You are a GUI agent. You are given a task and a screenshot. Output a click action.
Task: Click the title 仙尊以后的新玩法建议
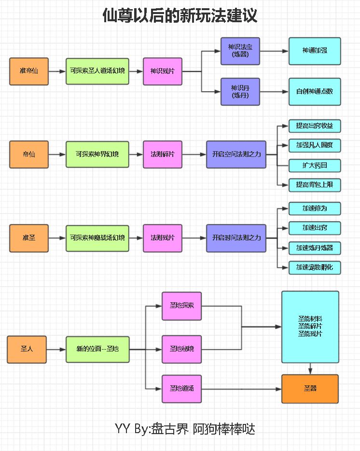pos(180,16)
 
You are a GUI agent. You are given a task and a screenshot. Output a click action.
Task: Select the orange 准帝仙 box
pos(29,71)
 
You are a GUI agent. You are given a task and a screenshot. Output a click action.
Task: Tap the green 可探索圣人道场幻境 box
pos(97,71)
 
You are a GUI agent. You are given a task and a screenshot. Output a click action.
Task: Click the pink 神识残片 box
pos(163,71)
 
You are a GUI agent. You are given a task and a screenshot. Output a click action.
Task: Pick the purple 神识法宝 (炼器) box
pos(240,51)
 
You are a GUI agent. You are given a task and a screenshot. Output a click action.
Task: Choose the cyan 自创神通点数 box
pos(315,91)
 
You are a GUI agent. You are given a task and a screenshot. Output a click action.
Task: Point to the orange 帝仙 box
pos(29,155)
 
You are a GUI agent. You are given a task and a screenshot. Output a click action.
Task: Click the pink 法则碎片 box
pos(163,155)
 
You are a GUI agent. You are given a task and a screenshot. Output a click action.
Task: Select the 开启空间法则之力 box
pos(236,155)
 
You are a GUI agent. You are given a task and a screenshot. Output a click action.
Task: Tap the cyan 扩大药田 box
pos(315,166)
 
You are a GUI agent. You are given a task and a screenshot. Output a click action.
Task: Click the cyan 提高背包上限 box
pos(315,184)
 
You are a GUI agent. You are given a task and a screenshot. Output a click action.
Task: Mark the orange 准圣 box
pos(29,238)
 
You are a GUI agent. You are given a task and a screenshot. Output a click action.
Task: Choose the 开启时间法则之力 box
pos(236,238)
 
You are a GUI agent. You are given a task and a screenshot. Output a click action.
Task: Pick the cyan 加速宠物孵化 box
pos(315,267)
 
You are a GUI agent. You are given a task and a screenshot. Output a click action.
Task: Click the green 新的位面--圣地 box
pos(97,349)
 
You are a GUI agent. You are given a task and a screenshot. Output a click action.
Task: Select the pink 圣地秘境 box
pos(182,349)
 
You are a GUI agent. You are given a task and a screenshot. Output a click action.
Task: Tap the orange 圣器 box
pos(310,389)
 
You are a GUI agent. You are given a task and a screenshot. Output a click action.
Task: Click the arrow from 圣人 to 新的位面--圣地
pos(56,349)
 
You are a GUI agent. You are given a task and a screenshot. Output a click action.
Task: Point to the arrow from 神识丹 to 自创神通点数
pos(274,91)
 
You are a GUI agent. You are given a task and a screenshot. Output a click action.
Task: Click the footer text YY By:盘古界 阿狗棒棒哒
pos(185,428)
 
